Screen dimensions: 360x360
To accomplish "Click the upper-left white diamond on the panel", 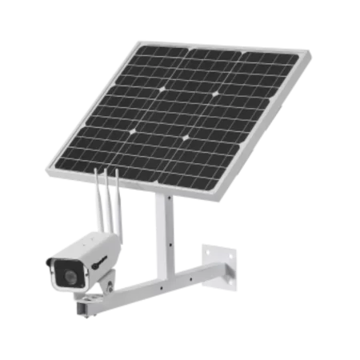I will point(162,89).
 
